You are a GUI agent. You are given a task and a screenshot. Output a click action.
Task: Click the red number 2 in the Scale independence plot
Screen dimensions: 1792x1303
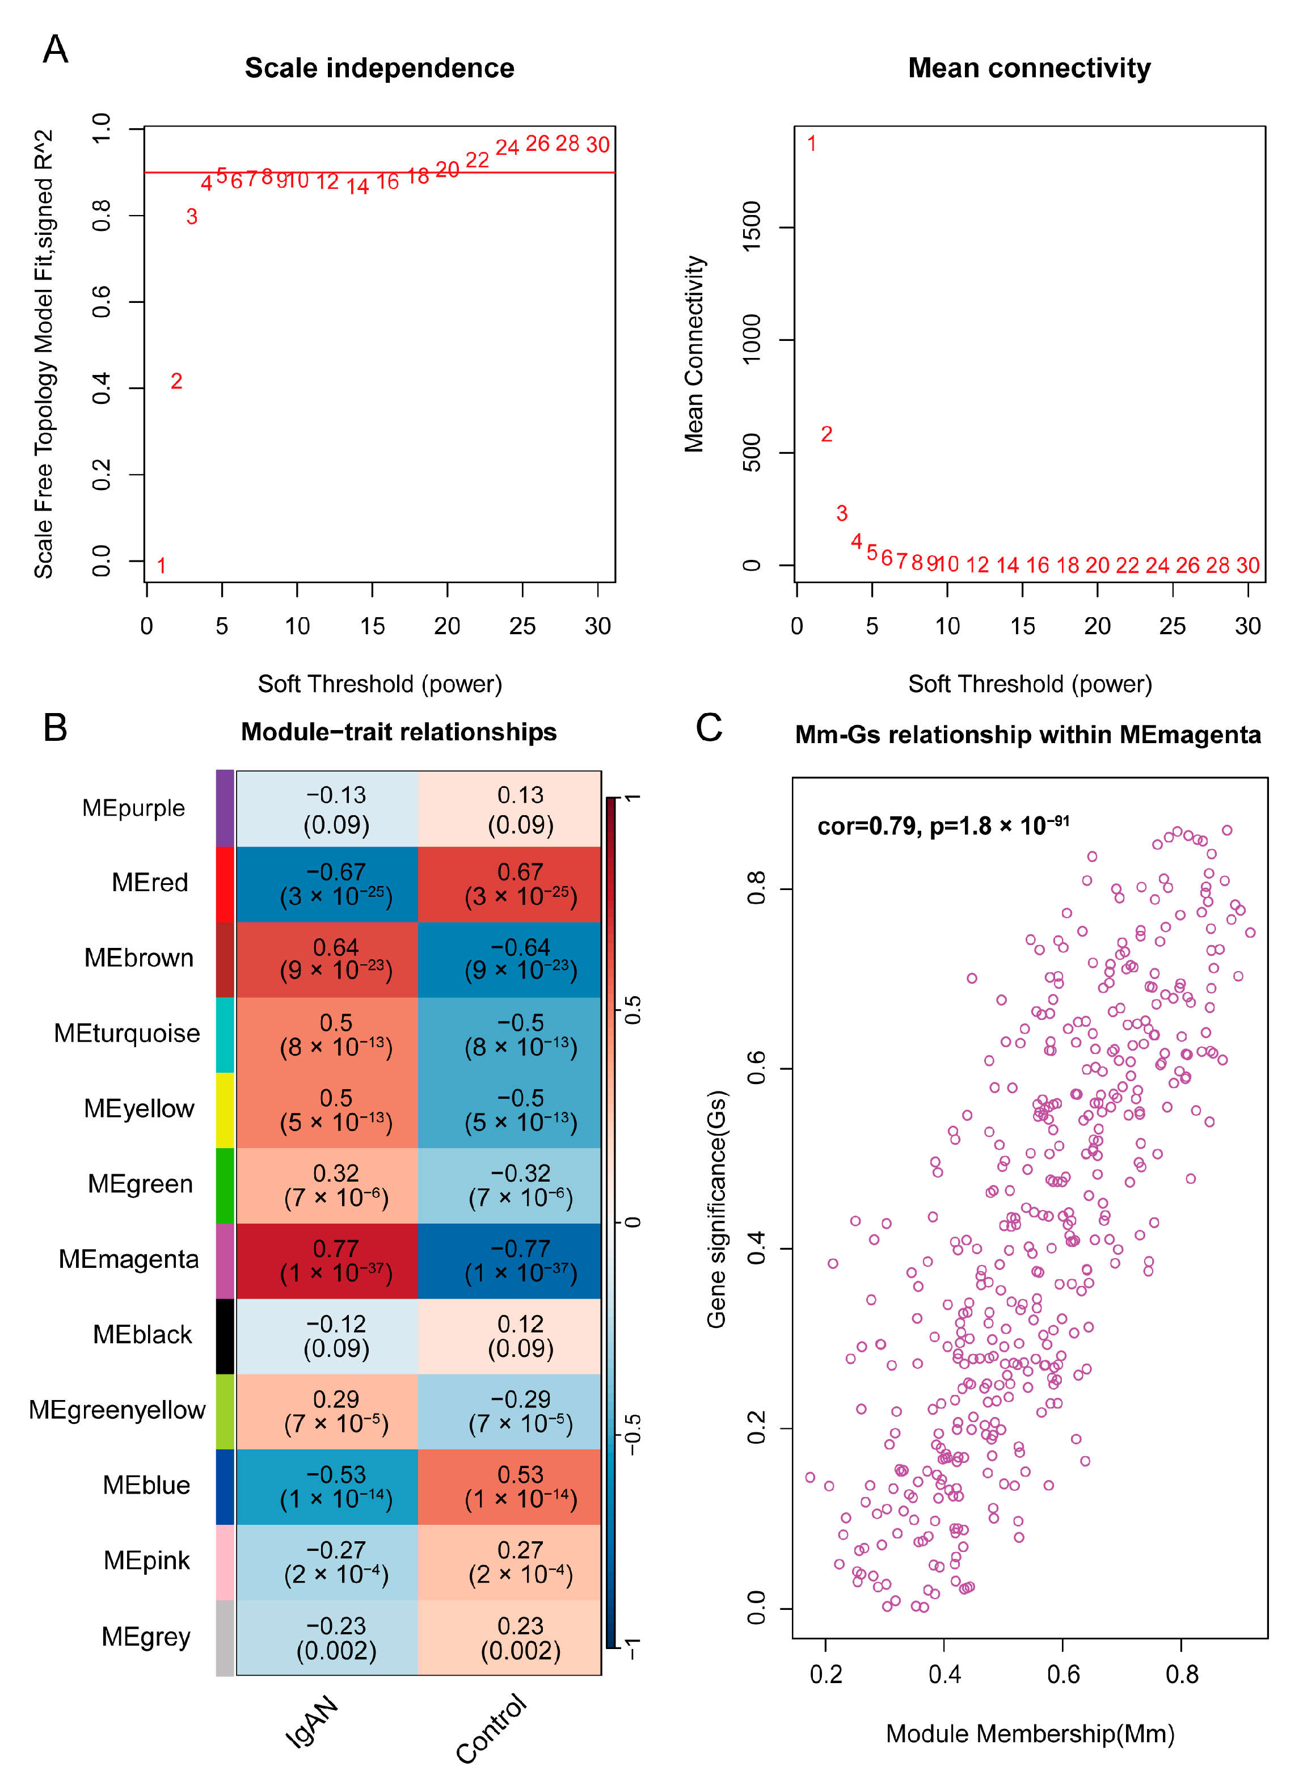(176, 382)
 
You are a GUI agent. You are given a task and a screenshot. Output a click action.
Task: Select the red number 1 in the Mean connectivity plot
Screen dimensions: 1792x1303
(812, 144)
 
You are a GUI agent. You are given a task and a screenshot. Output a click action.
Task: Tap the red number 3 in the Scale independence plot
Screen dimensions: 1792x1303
(192, 217)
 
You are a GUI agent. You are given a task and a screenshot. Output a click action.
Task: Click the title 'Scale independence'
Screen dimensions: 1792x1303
(379, 68)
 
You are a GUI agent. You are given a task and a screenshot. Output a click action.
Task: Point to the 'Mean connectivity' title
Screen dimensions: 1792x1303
(1029, 68)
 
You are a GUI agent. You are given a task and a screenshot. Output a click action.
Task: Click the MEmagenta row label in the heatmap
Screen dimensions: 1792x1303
(129, 1259)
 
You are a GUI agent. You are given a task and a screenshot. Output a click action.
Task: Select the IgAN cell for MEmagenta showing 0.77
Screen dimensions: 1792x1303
(336, 1260)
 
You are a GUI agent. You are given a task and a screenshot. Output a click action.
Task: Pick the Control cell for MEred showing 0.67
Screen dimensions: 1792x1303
(520, 883)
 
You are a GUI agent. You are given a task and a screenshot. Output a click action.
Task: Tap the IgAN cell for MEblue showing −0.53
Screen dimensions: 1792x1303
(336, 1486)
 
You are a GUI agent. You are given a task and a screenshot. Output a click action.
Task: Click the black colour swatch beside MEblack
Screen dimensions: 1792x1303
(225, 1335)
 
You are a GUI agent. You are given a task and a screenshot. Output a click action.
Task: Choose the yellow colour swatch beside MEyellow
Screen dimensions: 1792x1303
(225, 1110)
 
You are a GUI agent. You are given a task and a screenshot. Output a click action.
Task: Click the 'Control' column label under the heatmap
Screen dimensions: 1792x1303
(491, 1729)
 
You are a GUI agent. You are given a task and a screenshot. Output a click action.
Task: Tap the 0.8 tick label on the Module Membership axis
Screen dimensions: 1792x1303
(1181, 1673)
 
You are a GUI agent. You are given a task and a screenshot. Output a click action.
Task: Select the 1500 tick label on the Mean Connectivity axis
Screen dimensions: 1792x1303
(752, 227)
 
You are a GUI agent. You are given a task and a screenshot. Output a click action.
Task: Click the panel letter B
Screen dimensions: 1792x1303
(56, 728)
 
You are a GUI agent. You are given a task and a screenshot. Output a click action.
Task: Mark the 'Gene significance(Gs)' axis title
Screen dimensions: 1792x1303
(716, 1209)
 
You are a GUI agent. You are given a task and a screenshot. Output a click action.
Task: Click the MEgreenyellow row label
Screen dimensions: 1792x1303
(117, 1410)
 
